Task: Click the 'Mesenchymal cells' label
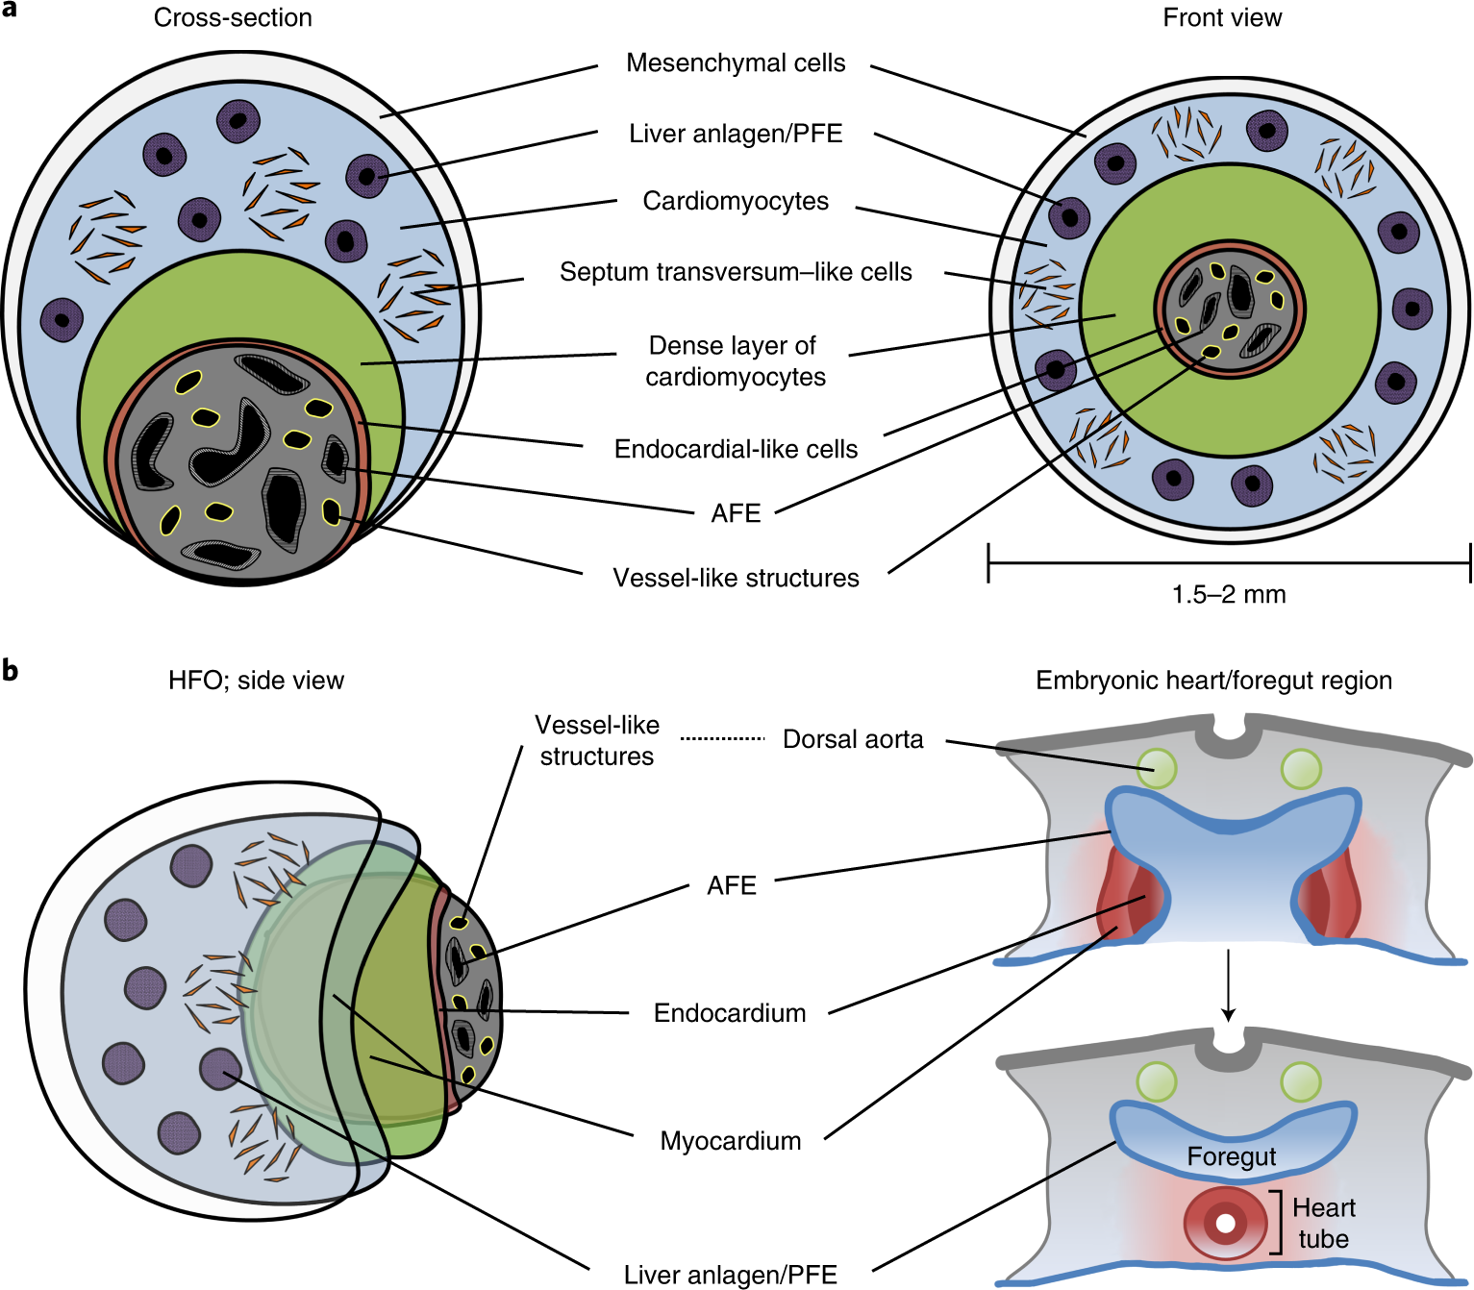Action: [736, 63]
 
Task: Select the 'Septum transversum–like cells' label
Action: [736, 272]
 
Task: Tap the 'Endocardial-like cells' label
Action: [736, 449]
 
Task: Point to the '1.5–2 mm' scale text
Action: [1228, 595]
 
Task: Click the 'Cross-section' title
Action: [233, 18]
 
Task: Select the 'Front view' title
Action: [1222, 18]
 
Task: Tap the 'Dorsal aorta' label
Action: [853, 739]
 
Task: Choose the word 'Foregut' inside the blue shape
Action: [1231, 1156]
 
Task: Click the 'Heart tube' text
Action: [1323, 1223]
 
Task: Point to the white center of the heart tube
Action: [1225, 1224]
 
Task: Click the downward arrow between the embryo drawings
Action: [1227, 985]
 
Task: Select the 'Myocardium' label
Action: [731, 1141]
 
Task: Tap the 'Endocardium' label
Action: [730, 1013]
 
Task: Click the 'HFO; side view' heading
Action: [256, 681]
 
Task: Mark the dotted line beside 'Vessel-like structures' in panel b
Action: [722, 738]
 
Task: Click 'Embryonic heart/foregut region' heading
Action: [1213, 681]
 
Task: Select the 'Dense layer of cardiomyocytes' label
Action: [735, 360]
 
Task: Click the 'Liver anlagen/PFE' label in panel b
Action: [731, 1275]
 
